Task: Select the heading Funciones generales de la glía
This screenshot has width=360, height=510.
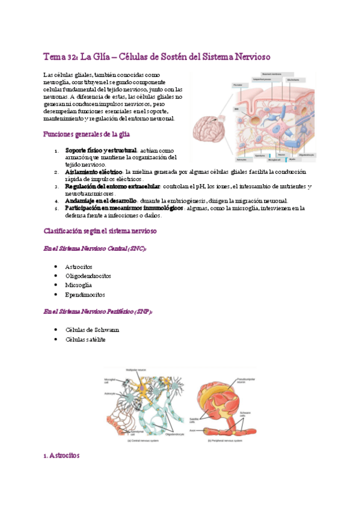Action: [x=87, y=134]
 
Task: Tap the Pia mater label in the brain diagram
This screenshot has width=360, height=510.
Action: [x=238, y=86]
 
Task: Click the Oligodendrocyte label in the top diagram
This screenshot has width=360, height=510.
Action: [x=305, y=155]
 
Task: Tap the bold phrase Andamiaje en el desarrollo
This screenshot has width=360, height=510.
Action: [x=100, y=201]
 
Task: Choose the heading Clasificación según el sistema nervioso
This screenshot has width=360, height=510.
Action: [x=100, y=231]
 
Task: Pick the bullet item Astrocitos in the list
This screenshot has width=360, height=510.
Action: [x=78, y=266]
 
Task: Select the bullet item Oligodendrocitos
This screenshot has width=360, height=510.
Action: [x=88, y=276]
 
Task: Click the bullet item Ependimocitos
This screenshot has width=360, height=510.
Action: [x=85, y=295]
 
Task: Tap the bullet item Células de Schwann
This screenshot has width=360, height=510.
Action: [x=92, y=330]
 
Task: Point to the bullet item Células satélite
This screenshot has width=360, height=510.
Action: [x=85, y=339]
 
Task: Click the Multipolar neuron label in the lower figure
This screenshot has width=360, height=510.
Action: [x=136, y=369]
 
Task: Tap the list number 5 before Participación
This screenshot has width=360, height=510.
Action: [x=55, y=209]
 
